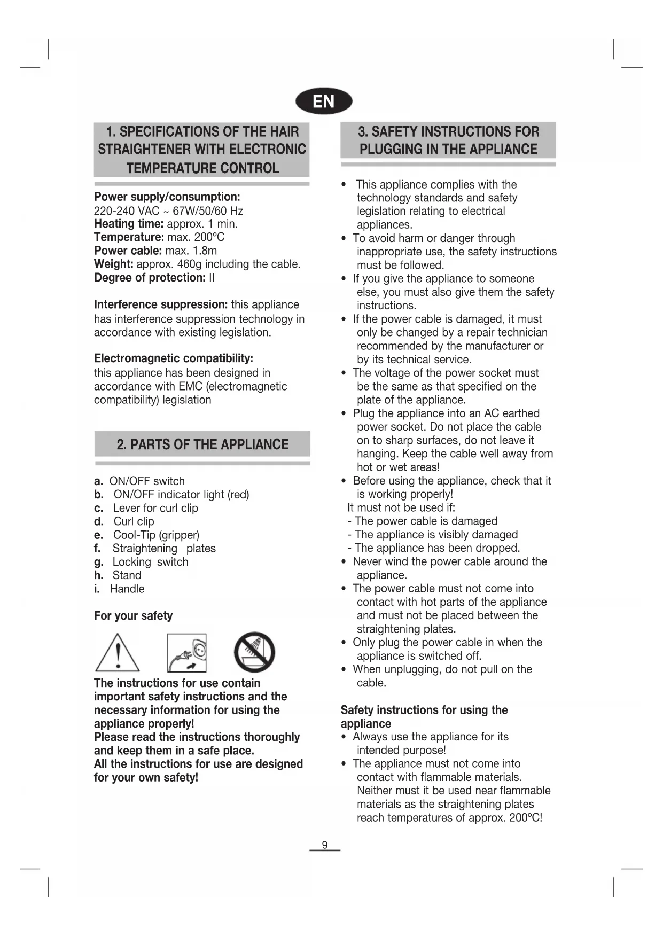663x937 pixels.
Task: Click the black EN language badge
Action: pyautogui.click(x=324, y=101)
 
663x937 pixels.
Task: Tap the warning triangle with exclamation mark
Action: pyautogui.click(x=118, y=653)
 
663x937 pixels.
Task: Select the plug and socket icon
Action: pyautogui.click(x=186, y=653)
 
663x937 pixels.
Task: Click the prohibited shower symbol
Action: pyautogui.click(x=254, y=652)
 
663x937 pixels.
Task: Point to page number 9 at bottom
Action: pyautogui.click(x=324, y=845)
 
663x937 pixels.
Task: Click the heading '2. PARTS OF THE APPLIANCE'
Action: pyautogui.click(x=202, y=444)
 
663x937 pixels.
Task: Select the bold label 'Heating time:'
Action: pyautogui.click(x=129, y=224)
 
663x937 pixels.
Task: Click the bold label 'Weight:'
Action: pyautogui.click(x=114, y=264)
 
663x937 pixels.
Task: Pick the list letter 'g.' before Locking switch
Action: pyautogui.click(x=99, y=562)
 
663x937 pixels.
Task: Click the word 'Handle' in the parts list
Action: pyautogui.click(x=127, y=589)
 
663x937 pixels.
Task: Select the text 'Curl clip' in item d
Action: pyautogui.click(x=134, y=521)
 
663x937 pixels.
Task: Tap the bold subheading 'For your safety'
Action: pyautogui.click(x=134, y=616)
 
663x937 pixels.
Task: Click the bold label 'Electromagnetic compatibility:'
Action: pyautogui.click(x=174, y=358)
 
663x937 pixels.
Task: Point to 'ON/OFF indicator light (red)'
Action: pyautogui.click(x=181, y=495)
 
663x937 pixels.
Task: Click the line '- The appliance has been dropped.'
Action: pyautogui.click(x=433, y=548)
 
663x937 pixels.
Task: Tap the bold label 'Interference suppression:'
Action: pyautogui.click(x=161, y=305)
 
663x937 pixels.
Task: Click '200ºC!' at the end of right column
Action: pyautogui.click(x=526, y=818)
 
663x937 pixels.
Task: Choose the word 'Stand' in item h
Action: pyautogui.click(x=127, y=575)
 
